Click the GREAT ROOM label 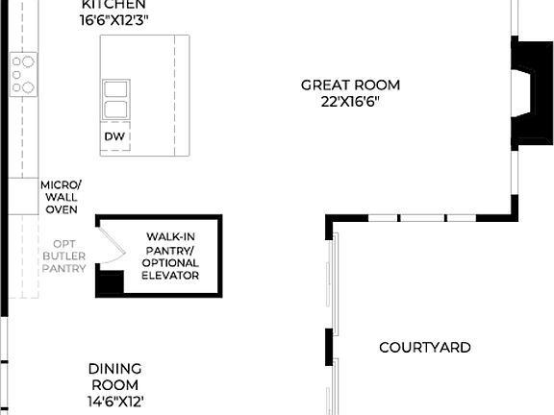coord(350,85)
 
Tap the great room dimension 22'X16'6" coord(350,102)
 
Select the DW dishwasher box coord(113,137)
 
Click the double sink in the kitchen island coord(115,99)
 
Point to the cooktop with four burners coord(22,75)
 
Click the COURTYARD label coord(424,347)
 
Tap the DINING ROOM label coord(115,377)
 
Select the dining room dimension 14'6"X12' coord(115,402)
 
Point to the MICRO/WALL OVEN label coord(61,197)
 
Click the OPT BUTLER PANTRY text coord(64,256)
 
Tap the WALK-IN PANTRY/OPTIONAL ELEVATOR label coord(172,256)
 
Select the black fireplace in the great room coord(528,94)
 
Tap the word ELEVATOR coord(172,276)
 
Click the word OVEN coord(61,209)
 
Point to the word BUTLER coord(64,256)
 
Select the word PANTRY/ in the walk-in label coord(172,250)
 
